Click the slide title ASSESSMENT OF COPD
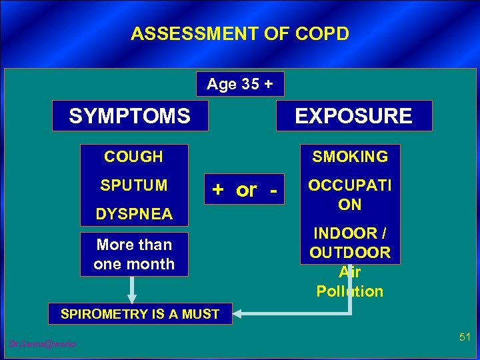239,34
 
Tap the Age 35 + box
240,84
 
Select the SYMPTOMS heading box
130,116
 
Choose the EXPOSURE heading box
354,116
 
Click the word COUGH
133,157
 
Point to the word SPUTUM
133,185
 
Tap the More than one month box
133,254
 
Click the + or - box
244,190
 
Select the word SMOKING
350,157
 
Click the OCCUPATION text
350,195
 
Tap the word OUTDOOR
350,253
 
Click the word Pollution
350,291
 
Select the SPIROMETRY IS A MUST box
140,313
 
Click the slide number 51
465,339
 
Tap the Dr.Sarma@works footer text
42,343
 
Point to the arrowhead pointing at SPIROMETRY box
240,313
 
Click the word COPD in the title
323,34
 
